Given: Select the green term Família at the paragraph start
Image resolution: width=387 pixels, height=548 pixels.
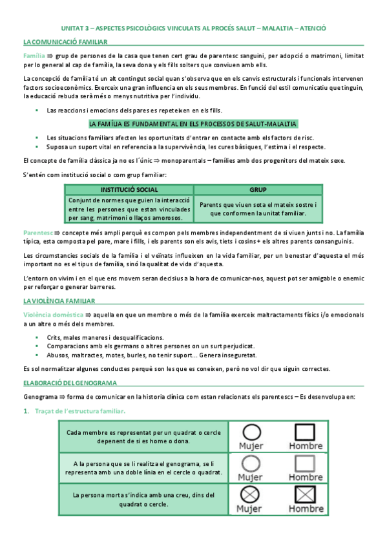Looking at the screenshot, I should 34,56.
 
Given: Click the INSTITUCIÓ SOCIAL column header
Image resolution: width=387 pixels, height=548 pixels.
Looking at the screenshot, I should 129,189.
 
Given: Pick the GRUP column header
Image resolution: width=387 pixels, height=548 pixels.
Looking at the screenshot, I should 258,189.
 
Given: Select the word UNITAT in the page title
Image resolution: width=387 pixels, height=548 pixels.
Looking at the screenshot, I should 72,28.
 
